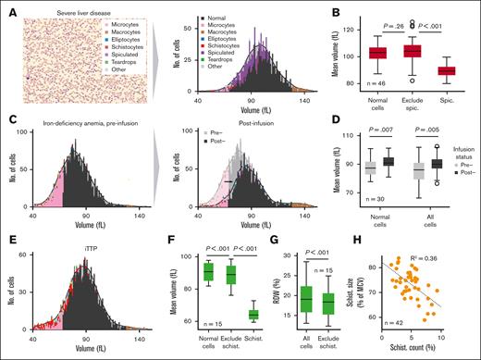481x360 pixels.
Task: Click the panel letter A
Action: (x=8, y=8)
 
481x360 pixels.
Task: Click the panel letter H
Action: (x=370, y=242)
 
